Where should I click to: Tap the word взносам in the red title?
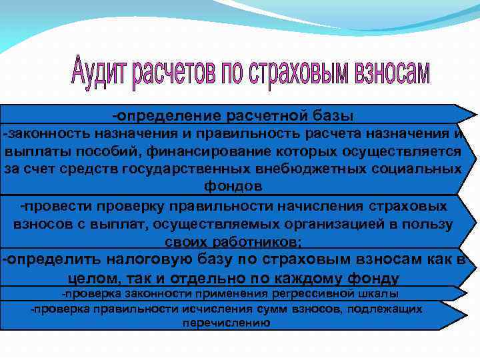click(x=386, y=74)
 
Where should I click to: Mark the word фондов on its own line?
click(x=233, y=185)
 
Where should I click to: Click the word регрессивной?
click(x=320, y=293)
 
